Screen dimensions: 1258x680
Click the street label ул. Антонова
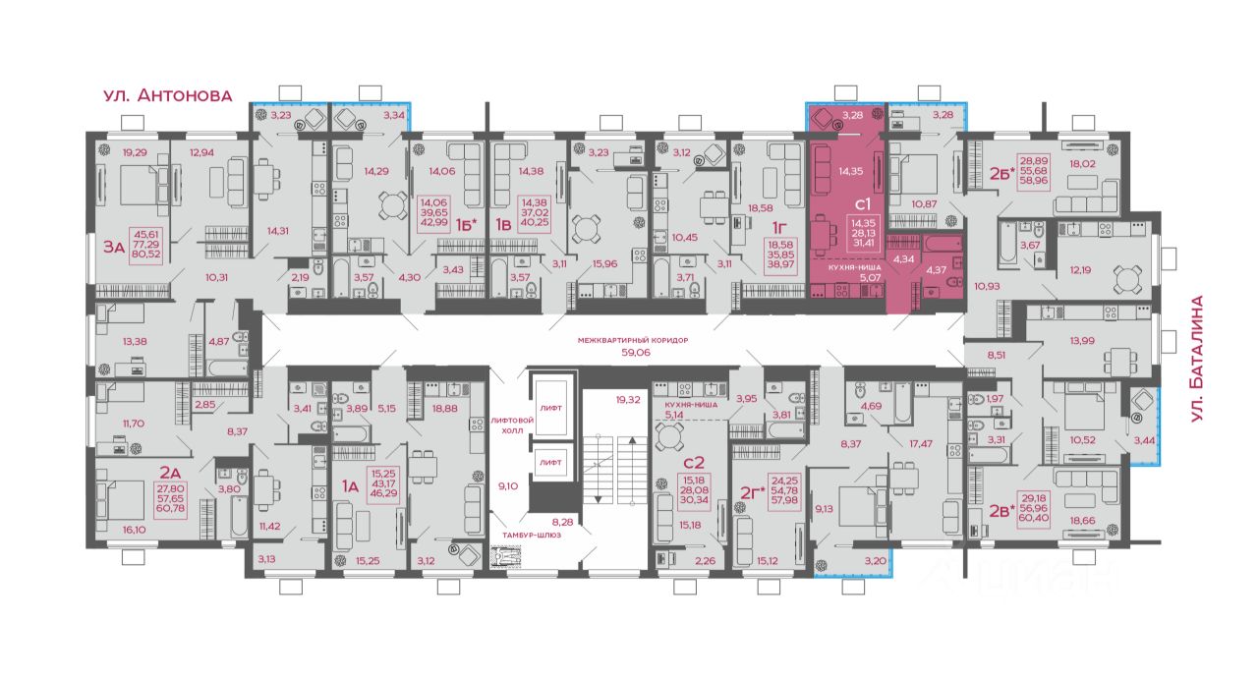167,95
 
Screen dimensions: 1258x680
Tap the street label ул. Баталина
1197,359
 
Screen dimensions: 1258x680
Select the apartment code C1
862,204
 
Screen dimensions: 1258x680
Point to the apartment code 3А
113,247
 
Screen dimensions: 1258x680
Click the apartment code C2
694,462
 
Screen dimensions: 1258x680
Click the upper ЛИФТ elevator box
550,408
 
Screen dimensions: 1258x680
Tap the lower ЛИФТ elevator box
550,462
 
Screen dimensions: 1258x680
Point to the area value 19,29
135,152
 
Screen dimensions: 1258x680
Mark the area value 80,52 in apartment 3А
145,254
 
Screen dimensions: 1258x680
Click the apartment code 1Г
778,227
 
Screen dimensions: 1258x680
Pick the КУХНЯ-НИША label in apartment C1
854,268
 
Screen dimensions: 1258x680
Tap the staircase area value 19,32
627,399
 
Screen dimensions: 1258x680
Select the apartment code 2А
170,472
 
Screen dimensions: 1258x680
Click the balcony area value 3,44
1144,440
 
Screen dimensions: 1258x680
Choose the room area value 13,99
1082,340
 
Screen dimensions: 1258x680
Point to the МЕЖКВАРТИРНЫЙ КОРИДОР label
633,340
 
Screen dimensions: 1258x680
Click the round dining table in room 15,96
586,230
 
